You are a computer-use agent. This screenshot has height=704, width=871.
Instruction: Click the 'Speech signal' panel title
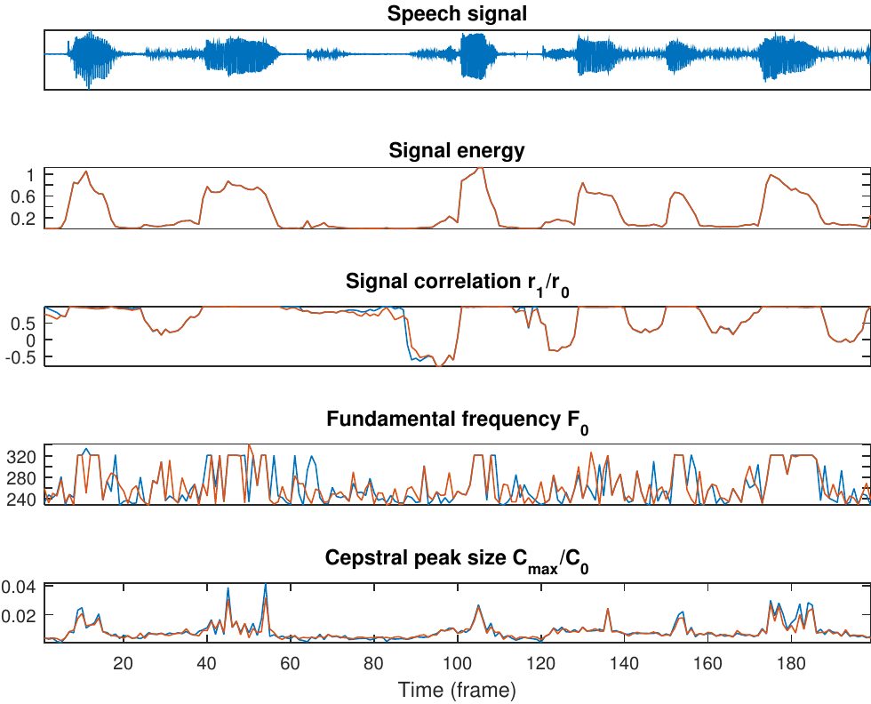(457, 14)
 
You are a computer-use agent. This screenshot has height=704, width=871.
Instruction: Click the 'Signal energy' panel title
(457, 151)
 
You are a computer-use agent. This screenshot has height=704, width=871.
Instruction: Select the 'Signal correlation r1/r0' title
(457, 284)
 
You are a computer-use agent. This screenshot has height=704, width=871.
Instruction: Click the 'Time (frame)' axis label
(457, 689)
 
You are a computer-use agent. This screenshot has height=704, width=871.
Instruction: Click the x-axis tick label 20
(123, 662)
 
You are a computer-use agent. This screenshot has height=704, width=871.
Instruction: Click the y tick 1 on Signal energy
(30, 175)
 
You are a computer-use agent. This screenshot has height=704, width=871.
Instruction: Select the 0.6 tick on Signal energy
(23, 196)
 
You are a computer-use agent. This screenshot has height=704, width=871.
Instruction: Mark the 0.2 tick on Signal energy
(23, 219)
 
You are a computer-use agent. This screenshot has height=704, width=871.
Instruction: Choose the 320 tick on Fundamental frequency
(20, 457)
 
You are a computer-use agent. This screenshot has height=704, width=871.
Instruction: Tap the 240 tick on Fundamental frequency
(20, 500)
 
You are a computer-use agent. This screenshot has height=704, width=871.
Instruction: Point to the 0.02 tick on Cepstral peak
(19, 615)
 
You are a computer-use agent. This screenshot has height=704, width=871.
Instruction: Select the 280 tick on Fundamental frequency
(20, 478)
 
